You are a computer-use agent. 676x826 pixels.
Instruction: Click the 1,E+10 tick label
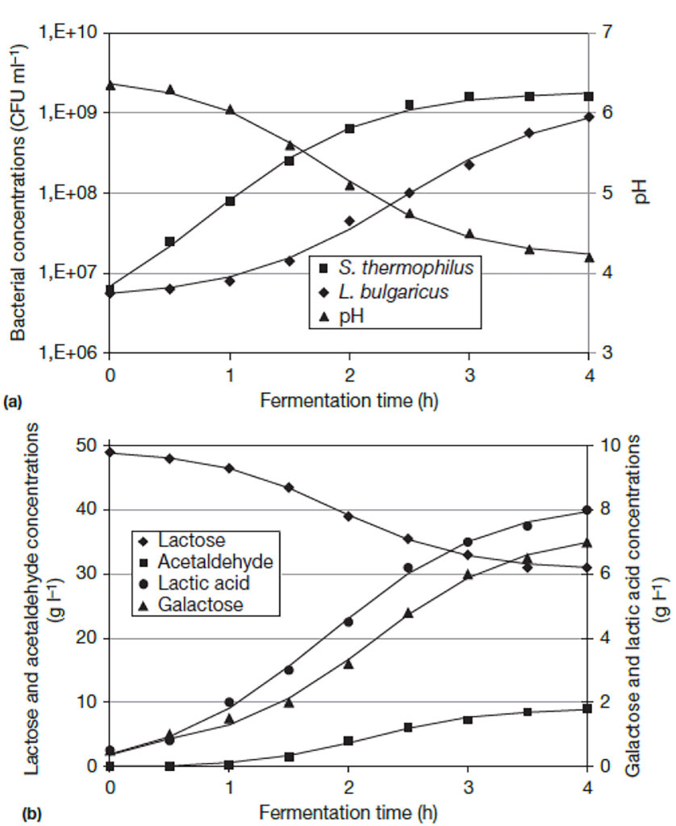pos(68,33)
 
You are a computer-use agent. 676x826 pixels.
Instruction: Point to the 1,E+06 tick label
pos(68,353)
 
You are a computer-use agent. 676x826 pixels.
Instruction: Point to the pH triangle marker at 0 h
pos(111,84)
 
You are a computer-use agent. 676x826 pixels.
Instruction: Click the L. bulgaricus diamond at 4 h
pos(589,117)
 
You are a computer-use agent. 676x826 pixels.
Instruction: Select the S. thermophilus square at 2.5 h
pos(409,105)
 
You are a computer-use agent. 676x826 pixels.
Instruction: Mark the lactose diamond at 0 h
pos(111,453)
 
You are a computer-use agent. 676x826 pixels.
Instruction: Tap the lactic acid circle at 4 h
pos(588,510)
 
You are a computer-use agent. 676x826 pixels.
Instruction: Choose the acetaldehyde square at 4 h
pos(588,708)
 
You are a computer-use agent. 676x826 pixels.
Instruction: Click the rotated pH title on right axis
pos(642,193)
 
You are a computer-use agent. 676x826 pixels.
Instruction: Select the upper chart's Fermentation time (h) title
pos(348,401)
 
